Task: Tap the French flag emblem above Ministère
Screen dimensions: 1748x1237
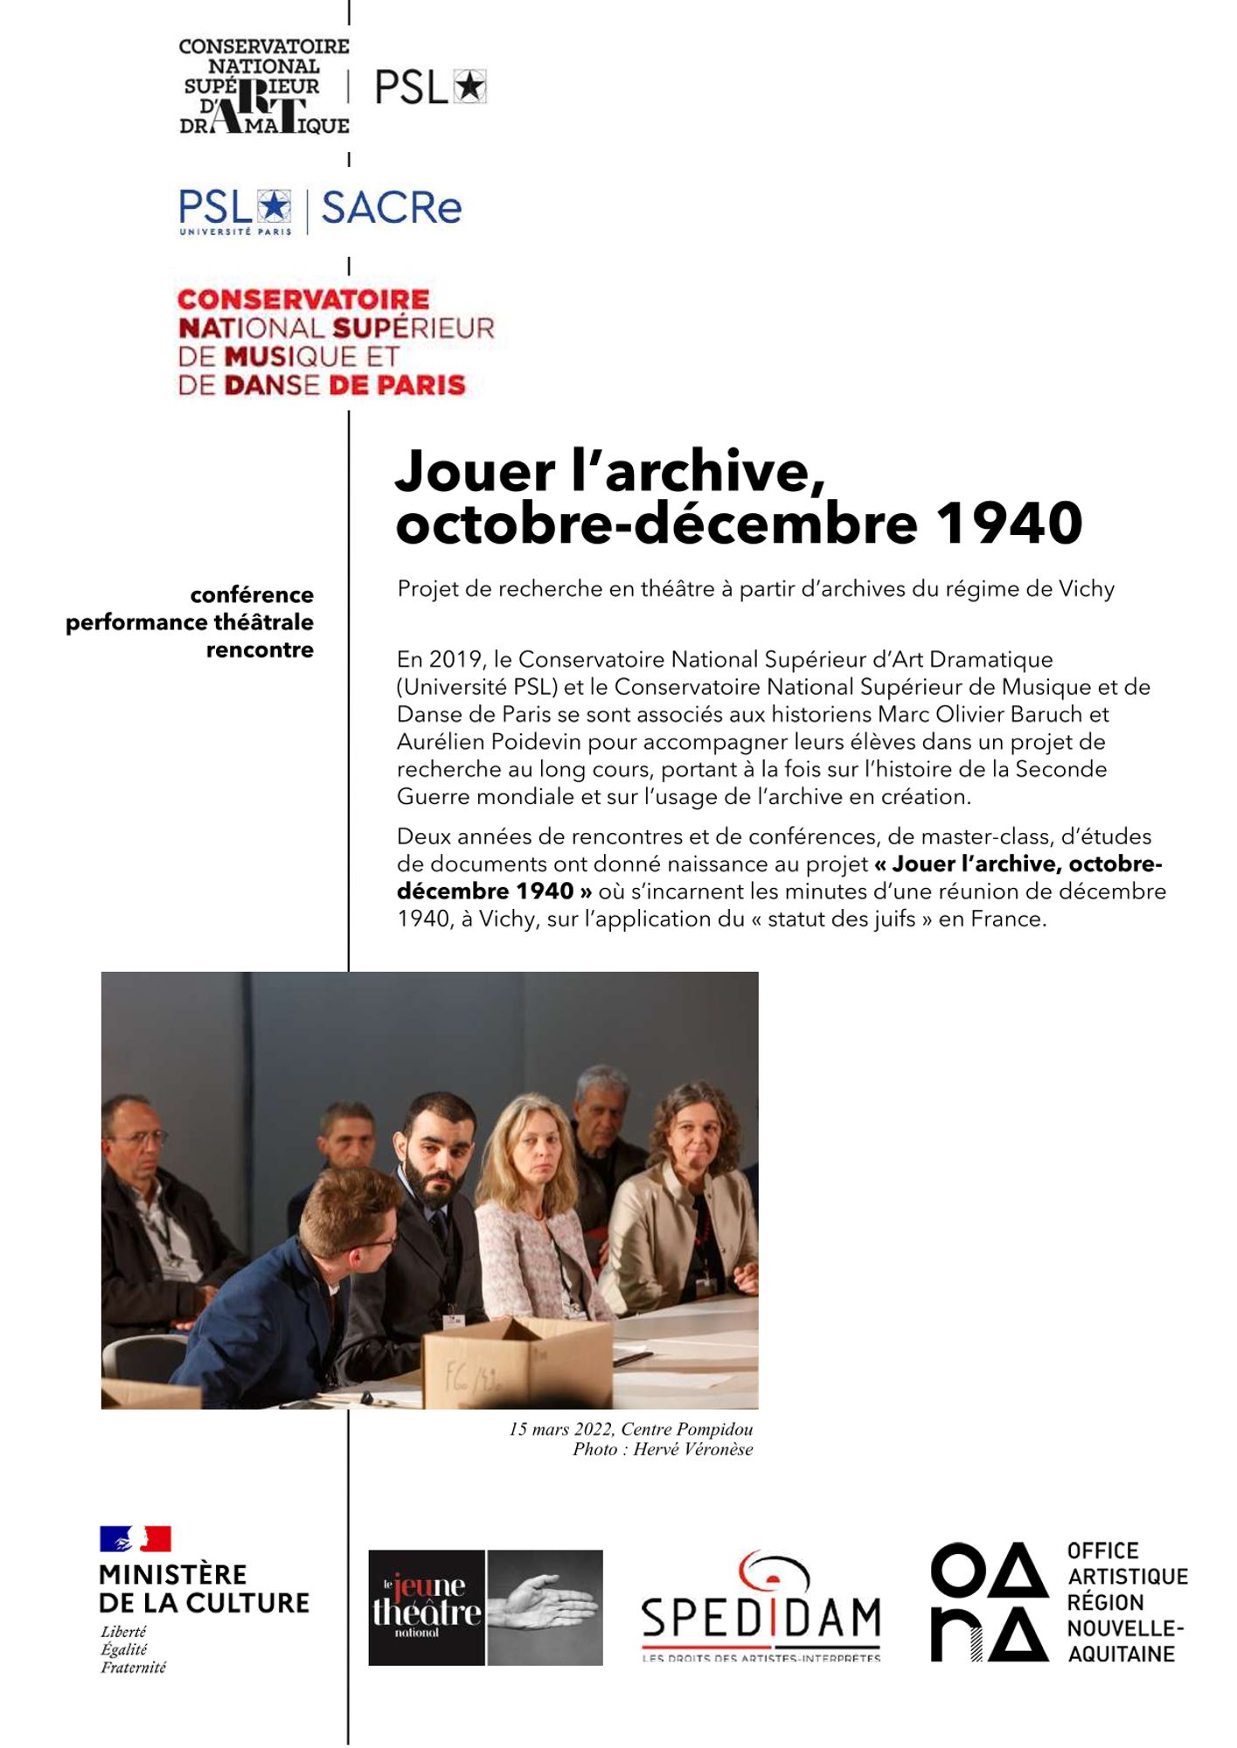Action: tap(135, 1539)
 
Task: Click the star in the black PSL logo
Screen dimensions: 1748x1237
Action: tap(470, 87)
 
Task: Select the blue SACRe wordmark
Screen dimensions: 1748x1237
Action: tap(391, 208)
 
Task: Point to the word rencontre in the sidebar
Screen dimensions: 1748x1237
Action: tap(260, 650)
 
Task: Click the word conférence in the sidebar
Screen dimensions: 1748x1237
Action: tap(252, 595)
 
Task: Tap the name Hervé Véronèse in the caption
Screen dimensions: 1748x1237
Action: tap(692, 1450)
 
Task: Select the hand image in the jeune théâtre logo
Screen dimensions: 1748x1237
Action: tap(544, 1607)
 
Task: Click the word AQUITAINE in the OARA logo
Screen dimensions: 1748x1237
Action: tap(1121, 1654)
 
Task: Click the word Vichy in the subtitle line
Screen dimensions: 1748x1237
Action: tap(1087, 589)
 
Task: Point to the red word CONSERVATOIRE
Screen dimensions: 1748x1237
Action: tap(303, 300)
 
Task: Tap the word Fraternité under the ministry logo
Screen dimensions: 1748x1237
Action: tap(133, 1667)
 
